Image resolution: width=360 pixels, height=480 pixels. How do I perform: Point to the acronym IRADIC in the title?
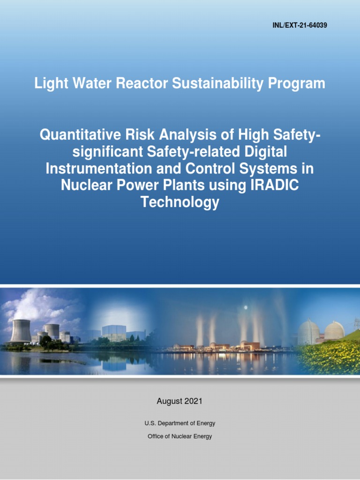tap(273, 186)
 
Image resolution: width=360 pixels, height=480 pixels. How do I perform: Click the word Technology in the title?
tap(180, 202)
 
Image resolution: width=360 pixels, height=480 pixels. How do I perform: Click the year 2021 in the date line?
tap(194, 401)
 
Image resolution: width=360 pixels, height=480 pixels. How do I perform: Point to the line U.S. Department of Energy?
tap(180, 423)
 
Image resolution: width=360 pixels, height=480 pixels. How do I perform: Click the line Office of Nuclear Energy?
tap(180, 436)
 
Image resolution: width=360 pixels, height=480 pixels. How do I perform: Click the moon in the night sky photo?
tap(246, 307)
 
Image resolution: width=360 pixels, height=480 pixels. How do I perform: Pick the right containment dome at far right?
tap(334, 331)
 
